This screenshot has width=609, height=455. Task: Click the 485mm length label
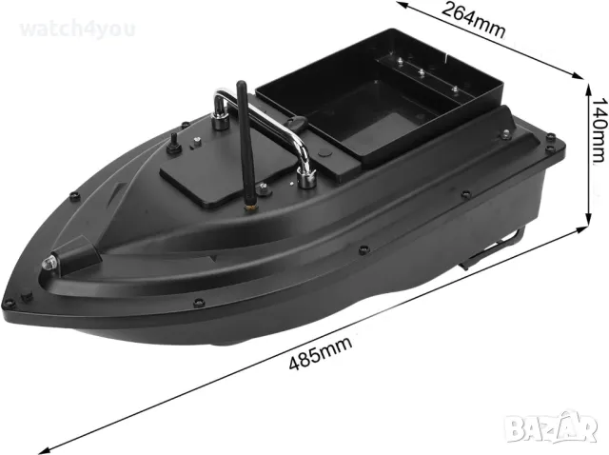pyautogui.click(x=313, y=354)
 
